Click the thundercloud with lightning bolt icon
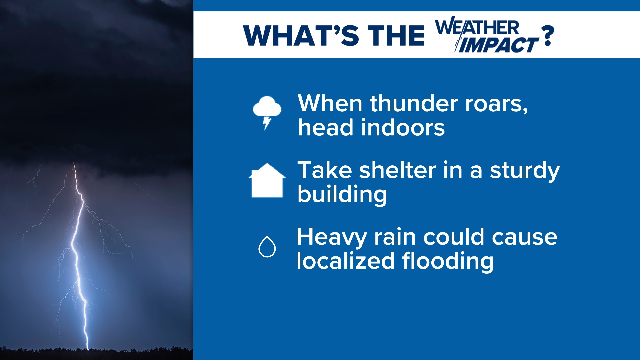click(x=267, y=112)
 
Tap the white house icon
click(x=267, y=181)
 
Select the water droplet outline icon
click(x=267, y=247)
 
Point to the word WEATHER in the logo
click(x=477, y=28)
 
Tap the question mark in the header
click(x=548, y=36)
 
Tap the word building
click(x=342, y=195)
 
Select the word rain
click(x=395, y=237)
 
